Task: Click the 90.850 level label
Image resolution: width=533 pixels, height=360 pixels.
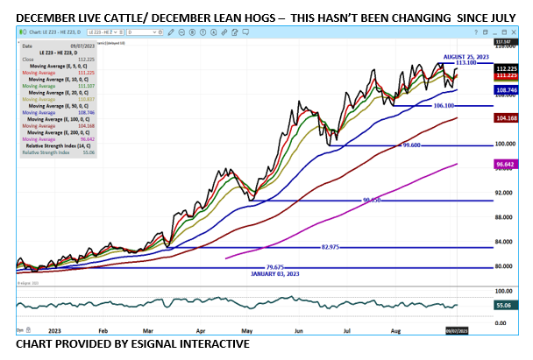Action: coord(373,201)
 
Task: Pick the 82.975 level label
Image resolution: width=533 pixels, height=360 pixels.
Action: coord(330,248)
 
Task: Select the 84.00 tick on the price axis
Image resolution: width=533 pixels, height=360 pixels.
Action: coord(503,242)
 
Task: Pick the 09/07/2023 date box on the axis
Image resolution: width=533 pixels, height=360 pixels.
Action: coord(458,331)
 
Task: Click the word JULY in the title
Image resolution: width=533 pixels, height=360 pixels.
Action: coord(496,18)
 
